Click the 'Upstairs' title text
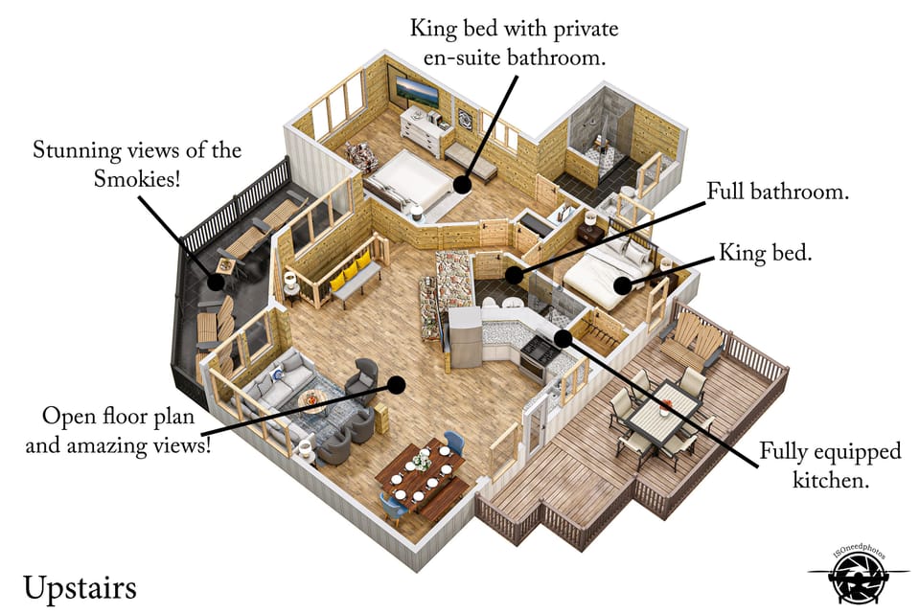coord(80,586)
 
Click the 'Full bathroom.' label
coord(777,192)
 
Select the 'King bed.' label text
coord(764,254)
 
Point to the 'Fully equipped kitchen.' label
coord(830,465)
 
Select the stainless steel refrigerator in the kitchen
coord(466,337)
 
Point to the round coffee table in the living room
coord(311,397)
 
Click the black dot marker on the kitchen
coord(563,337)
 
